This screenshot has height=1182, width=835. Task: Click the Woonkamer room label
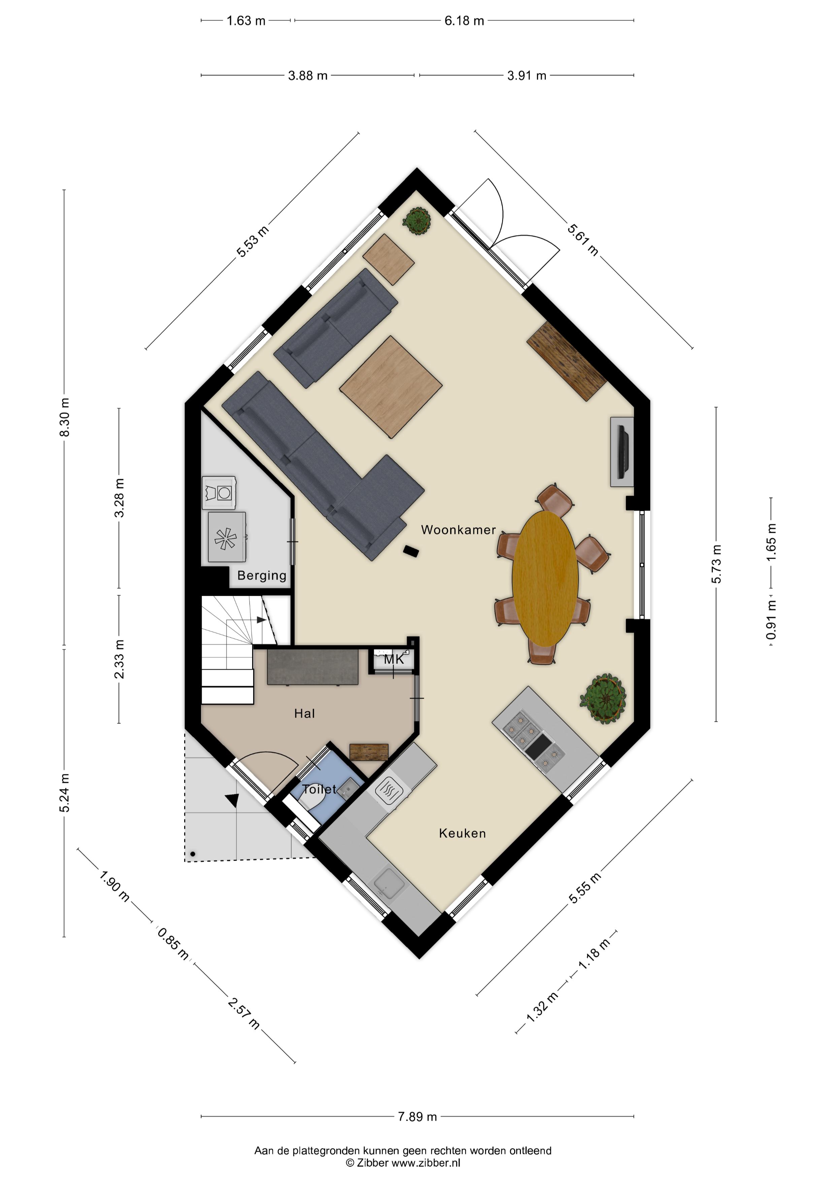tap(458, 530)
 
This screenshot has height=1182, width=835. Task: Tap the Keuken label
tap(462, 833)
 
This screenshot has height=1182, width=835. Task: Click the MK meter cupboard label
tap(394, 659)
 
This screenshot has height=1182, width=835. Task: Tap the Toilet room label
tap(319, 789)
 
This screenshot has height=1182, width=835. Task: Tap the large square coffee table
tap(391, 386)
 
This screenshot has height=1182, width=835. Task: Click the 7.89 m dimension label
tap(417, 1117)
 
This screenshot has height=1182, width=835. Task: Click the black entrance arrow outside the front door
tap(233, 800)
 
